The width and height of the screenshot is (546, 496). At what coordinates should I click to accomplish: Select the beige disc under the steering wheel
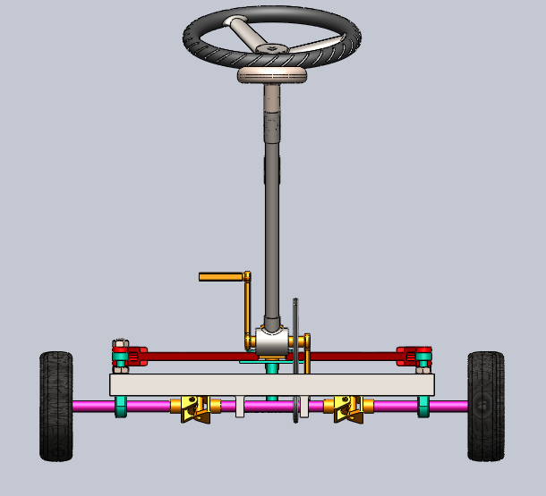point(272,76)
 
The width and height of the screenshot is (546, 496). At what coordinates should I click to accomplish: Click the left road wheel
point(55,406)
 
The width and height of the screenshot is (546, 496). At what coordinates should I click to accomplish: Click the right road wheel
point(486,406)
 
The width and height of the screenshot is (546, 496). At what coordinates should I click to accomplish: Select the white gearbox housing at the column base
point(271,340)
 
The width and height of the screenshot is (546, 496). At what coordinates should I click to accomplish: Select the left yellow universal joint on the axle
point(195,408)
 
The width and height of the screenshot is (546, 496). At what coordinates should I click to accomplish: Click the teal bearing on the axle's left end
point(121,406)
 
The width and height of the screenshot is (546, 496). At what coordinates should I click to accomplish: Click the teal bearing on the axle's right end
point(423,406)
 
